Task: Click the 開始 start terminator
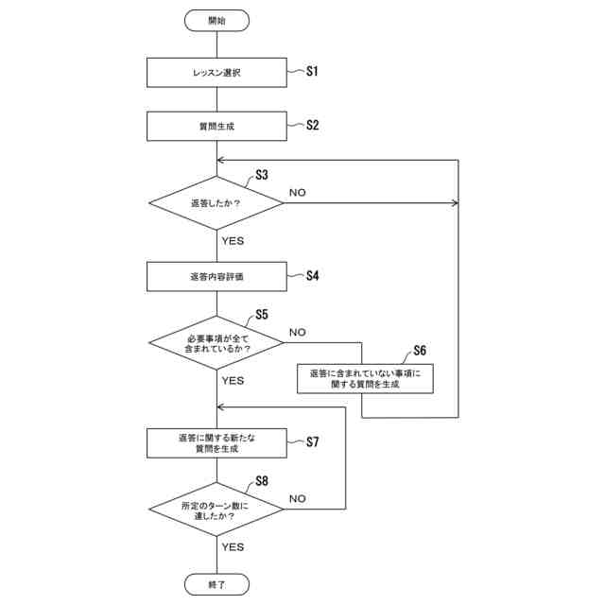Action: [216, 21]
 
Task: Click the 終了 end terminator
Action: [216, 584]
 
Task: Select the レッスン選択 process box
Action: [216, 73]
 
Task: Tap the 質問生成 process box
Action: [216, 126]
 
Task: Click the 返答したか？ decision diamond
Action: [216, 203]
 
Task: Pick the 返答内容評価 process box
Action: [216, 277]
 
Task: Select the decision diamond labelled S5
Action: [216, 342]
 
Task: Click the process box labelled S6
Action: [365, 378]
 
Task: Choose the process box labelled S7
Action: [216, 443]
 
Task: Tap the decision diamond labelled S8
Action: [216, 510]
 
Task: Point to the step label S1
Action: [312, 71]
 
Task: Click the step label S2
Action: [313, 125]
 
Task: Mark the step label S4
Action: [313, 275]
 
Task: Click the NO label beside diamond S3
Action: [298, 193]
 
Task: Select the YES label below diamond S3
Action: [233, 241]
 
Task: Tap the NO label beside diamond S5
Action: [298, 332]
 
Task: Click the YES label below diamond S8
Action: [233, 547]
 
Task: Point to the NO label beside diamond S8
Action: [298, 499]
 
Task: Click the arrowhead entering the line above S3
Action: [220, 160]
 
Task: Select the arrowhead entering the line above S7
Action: [220, 407]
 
